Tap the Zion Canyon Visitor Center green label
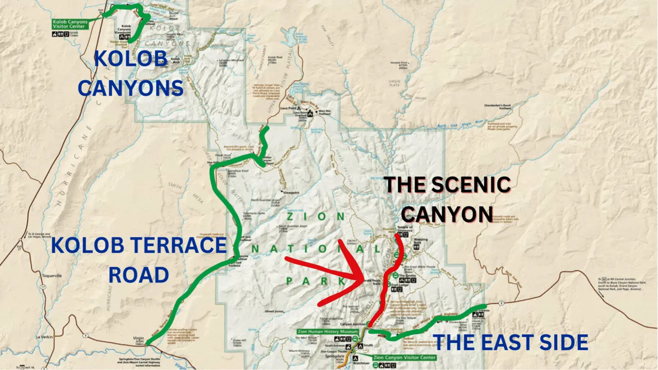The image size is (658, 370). click(x=404, y=357)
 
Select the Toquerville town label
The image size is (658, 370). click(x=51, y=275)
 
